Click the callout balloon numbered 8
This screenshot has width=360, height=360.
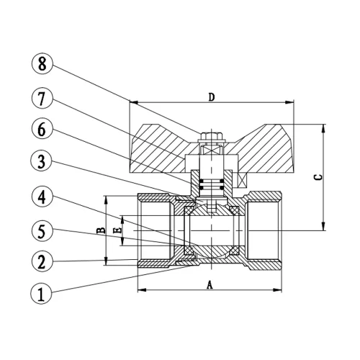[42, 64]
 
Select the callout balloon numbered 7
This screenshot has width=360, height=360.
[42, 99]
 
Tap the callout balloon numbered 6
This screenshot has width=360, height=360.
[42, 129]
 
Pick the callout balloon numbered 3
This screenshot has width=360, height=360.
[42, 161]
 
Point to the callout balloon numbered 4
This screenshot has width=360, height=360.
[42, 197]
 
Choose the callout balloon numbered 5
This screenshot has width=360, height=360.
[42, 230]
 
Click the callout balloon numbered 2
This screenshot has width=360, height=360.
[42, 261]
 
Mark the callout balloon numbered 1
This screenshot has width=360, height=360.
[41, 294]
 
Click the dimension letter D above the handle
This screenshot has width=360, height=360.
[212, 97]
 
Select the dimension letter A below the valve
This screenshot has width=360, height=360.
[210, 285]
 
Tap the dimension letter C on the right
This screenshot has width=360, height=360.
[318, 177]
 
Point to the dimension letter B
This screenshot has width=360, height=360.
[101, 230]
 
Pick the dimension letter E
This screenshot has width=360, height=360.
[117, 230]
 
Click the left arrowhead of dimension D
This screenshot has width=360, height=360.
[134, 102]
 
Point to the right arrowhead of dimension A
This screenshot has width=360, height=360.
[277, 290]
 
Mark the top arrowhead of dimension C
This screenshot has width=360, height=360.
[323, 129]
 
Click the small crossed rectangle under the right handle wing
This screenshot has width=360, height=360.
[243, 180]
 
